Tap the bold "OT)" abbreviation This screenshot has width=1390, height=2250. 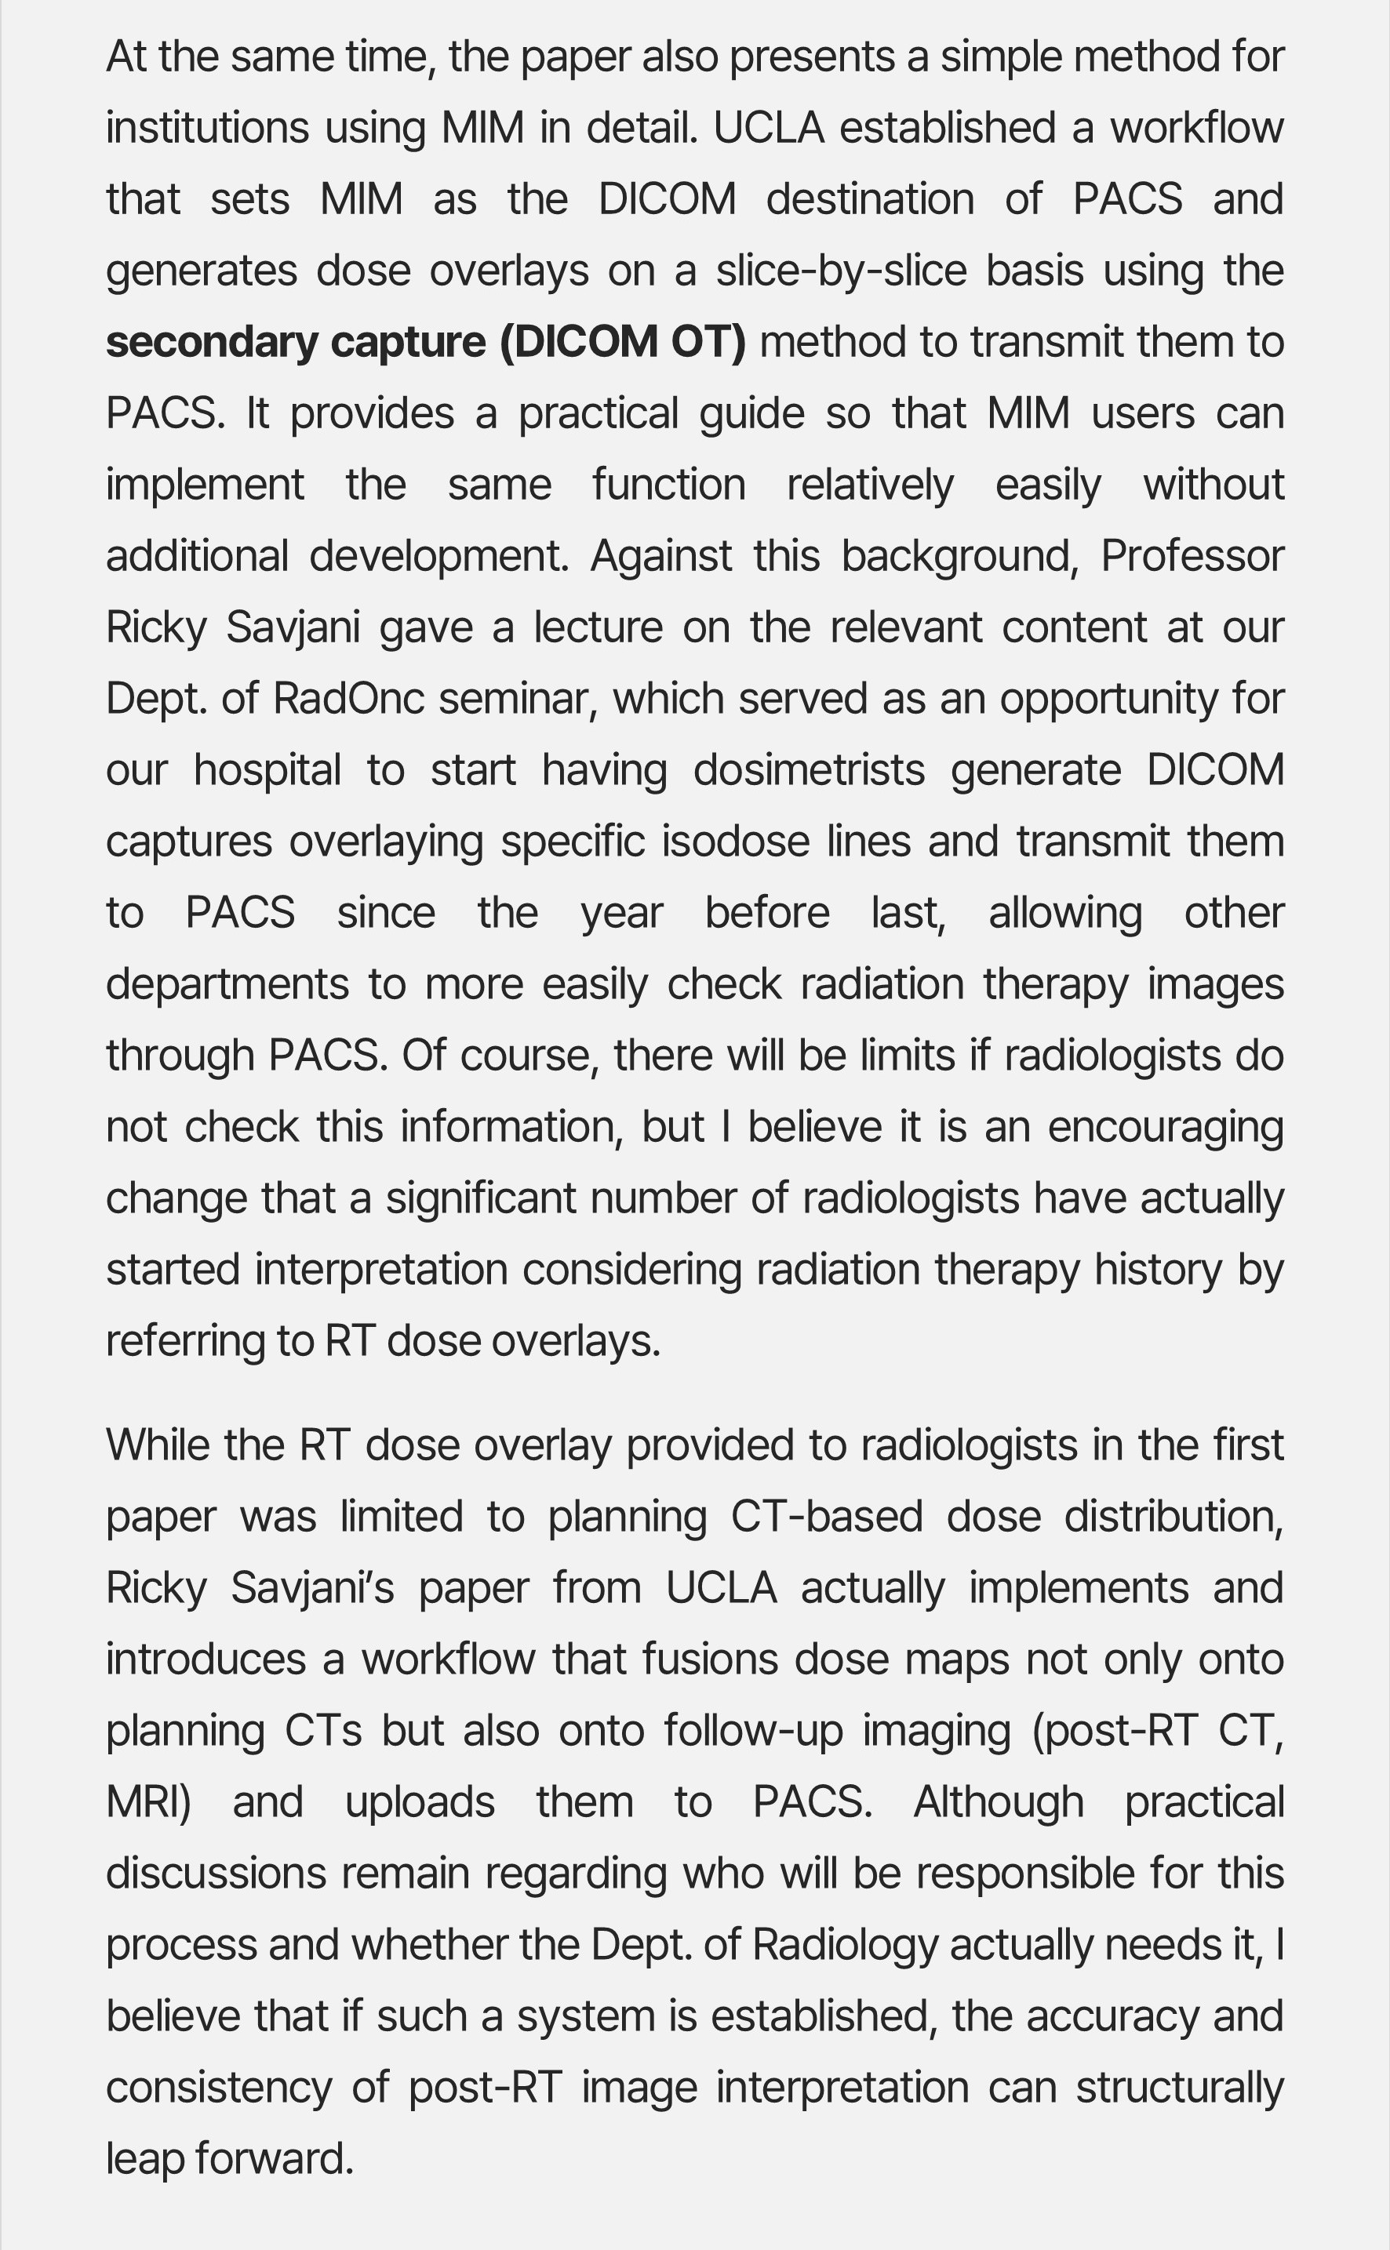pyautogui.click(x=708, y=343)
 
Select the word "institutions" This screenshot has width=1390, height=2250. pyautogui.click(x=207, y=128)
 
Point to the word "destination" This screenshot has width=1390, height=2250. pyautogui.click(x=870, y=199)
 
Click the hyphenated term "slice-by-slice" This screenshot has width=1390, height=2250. pyautogui.click(x=841, y=271)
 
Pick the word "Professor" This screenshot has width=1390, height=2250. pyautogui.click(x=1192, y=556)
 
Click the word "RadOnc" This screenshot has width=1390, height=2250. pyautogui.click(x=348, y=700)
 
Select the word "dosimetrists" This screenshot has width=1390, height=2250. pyautogui.click(x=809, y=770)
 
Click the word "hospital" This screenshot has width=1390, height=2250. pyautogui.click(x=267, y=770)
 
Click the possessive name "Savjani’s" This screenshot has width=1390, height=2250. pyautogui.click(x=311, y=1588)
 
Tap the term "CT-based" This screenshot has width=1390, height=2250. pyautogui.click(x=827, y=1517)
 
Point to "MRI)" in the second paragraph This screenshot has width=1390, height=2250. pyautogui.click(x=148, y=1802)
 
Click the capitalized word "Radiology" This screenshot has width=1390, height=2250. pyautogui.click(x=845, y=1945)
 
